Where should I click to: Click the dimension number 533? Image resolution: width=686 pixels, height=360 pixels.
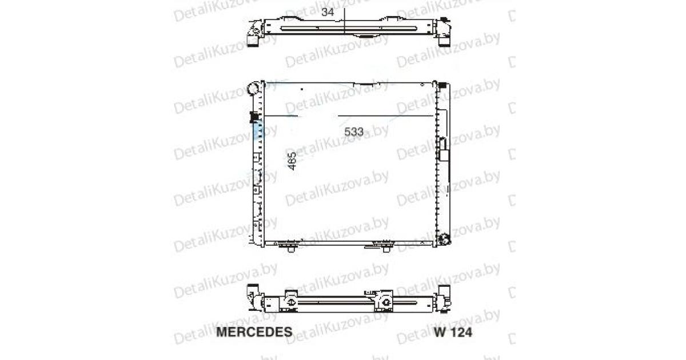pos(354,131)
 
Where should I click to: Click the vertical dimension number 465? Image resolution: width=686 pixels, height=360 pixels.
pos(291,162)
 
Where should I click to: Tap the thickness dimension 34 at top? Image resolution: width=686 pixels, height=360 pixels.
pos(328,12)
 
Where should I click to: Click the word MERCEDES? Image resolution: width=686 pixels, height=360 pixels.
pos(254,332)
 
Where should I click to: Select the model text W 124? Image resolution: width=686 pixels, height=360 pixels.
pos(453,332)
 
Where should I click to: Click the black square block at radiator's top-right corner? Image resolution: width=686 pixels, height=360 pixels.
pos(442,85)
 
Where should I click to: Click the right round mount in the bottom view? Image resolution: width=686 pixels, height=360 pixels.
pos(384,301)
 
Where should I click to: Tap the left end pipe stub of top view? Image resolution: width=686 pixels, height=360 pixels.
pos(253,38)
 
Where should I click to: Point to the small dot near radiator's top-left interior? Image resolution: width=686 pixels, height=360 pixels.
pos(301,90)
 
